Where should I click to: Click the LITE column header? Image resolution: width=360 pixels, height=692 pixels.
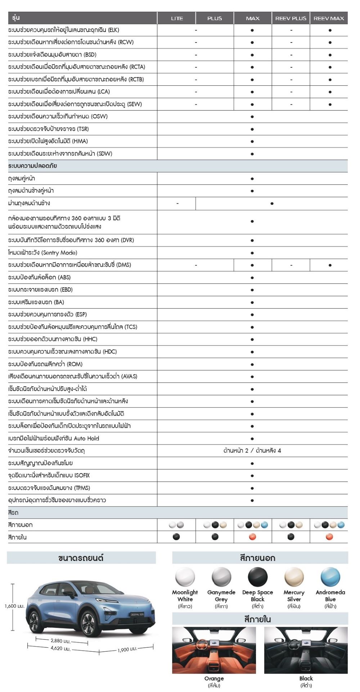[177, 18]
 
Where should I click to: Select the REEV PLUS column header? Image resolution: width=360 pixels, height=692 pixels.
[291, 18]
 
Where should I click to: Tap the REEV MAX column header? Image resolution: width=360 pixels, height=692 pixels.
[329, 18]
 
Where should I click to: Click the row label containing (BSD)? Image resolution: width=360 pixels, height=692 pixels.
[52, 55]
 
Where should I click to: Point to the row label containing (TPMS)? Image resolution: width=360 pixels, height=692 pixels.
[49, 488]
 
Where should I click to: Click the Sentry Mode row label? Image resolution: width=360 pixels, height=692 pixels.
[42, 253]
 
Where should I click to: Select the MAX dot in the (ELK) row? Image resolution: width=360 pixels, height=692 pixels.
[252, 30]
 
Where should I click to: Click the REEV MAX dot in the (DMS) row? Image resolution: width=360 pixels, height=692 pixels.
[330, 265]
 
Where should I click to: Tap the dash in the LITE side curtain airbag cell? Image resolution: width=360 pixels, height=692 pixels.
[177, 204]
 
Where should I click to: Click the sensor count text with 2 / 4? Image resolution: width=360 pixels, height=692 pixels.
[252, 450]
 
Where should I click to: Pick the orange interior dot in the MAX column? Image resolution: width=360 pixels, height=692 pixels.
[252, 537]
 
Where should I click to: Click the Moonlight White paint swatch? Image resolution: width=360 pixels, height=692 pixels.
[185, 577]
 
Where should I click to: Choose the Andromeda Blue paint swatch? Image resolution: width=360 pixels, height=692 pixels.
[330, 577]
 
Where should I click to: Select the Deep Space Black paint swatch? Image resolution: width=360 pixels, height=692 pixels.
[258, 577]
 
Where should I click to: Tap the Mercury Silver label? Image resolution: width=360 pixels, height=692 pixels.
[294, 596]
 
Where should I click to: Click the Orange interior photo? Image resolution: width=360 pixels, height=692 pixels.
[214, 650]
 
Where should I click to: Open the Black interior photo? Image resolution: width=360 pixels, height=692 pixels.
[306, 650]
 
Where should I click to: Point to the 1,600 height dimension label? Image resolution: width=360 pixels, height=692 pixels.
[15, 606]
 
